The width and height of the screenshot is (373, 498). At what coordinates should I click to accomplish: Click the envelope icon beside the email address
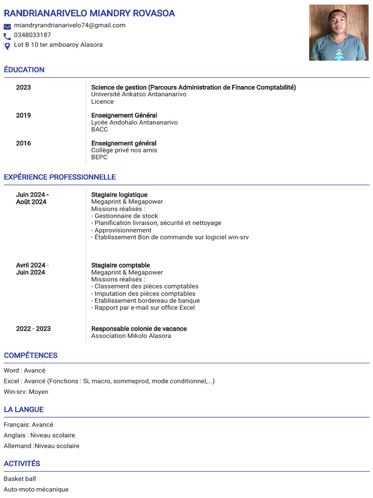7,26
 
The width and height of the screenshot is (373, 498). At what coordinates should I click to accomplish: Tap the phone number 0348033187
32,35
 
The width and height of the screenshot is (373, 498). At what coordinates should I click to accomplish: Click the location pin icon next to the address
7,46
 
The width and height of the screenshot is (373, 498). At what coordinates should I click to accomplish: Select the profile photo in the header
339,33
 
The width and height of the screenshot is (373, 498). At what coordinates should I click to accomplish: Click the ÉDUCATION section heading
24,70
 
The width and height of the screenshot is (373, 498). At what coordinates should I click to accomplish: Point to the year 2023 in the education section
23,88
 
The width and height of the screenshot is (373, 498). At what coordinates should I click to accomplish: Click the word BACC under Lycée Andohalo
100,129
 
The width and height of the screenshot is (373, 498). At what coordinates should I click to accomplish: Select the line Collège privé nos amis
124,150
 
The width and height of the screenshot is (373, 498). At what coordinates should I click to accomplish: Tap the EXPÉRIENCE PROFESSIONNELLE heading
60,177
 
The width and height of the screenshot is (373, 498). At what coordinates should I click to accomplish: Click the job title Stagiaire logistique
119,195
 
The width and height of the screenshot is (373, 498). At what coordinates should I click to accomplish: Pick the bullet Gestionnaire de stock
125,216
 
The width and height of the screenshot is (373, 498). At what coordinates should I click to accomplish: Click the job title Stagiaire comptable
120,265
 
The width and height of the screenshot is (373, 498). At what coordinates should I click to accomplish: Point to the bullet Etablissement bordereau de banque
145,301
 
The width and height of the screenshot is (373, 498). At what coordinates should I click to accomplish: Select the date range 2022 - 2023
33,329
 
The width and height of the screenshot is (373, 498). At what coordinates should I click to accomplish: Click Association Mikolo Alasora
131,336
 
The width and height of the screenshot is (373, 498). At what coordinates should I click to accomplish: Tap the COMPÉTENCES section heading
31,355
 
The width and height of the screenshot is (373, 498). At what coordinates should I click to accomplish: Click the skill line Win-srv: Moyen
26,391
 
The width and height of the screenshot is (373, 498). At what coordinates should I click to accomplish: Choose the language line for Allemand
41,446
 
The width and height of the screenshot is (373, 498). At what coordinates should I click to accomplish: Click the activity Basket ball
20,479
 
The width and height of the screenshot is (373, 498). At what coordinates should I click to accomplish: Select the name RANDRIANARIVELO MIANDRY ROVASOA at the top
89,13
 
